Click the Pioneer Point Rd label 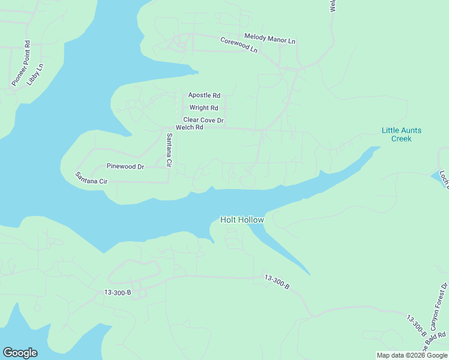[20, 63]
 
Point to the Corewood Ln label [239, 46]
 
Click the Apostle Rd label [204, 95]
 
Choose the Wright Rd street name [203, 108]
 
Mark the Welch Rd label [190, 128]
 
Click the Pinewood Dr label [125, 166]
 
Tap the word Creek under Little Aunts [402, 139]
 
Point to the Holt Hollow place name [242, 220]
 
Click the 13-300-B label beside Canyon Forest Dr [417, 326]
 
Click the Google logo [20, 353]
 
